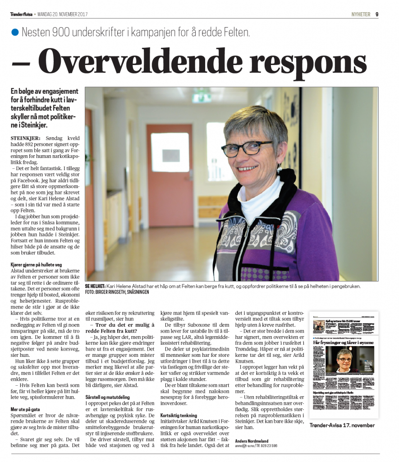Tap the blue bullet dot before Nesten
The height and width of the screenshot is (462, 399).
[15, 32]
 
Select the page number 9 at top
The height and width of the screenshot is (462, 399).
[376, 14]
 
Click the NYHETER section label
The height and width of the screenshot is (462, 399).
[361, 14]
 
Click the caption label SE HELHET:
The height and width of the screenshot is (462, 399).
[95, 286]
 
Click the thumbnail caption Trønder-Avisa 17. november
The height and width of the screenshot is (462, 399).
[342, 425]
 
